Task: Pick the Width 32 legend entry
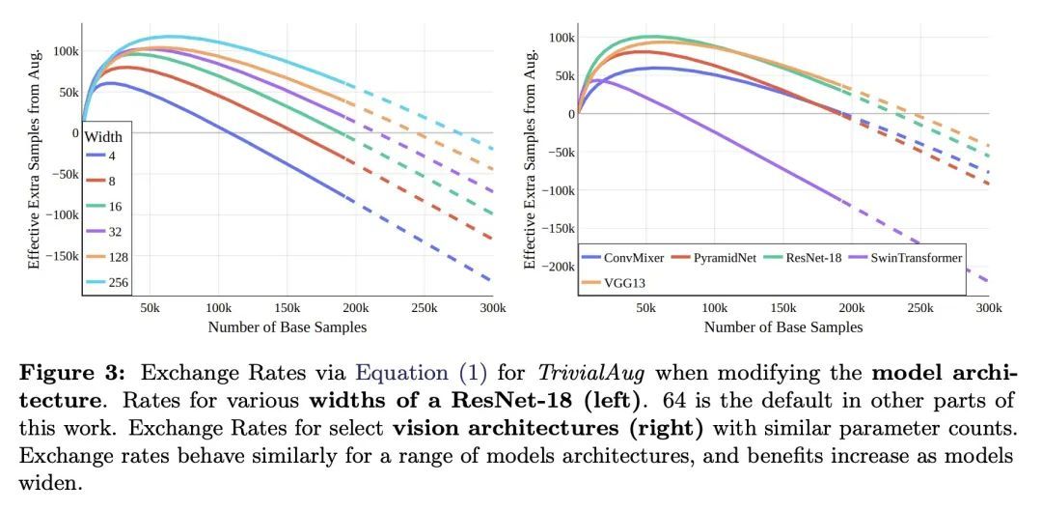point(108,231)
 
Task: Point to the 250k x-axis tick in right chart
point(919,307)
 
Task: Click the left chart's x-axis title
point(287,327)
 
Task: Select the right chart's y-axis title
point(530,159)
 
